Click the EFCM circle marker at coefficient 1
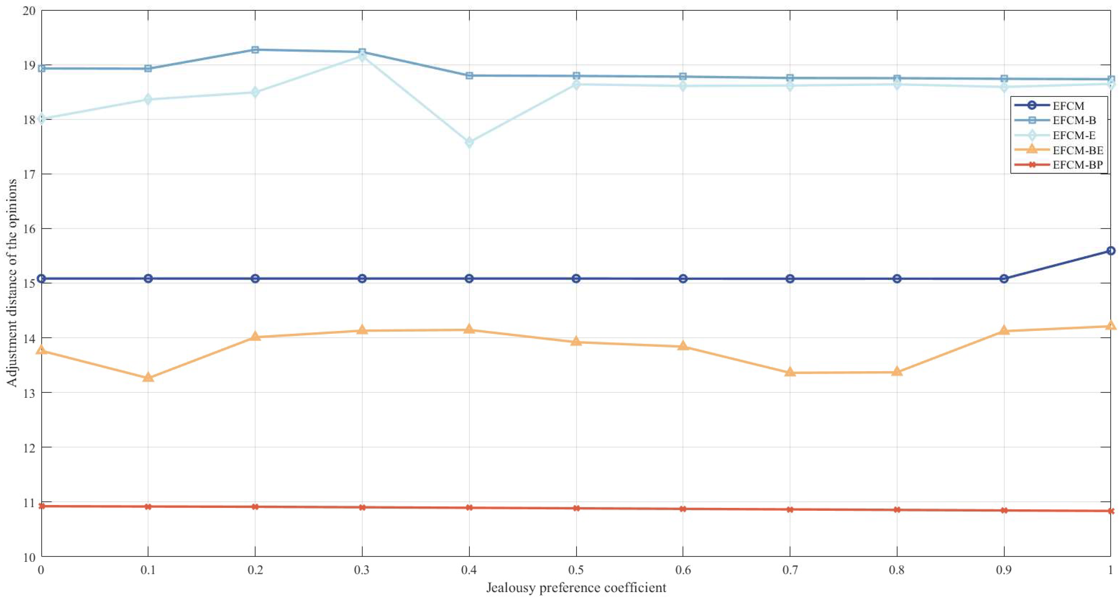pyautogui.click(x=1110, y=251)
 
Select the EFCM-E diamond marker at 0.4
pyautogui.click(x=469, y=143)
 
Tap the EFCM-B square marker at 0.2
pyautogui.click(x=255, y=50)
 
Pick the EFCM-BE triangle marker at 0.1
pyautogui.click(x=148, y=377)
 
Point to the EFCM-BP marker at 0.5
pyautogui.click(x=576, y=508)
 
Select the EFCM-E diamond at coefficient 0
pyautogui.click(x=42, y=118)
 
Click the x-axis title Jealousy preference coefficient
pyautogui.click(x=576, y=587)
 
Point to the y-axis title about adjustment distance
pyautogui.click(x=12, y=283)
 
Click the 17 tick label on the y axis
pyautogui.click(x=29, y=175)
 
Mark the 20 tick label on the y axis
pyautogui.click(x=29, y=10)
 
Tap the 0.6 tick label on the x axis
pyautogui.click(x=683, y=570)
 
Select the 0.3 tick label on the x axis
pyautogui.click(x=362, y=570)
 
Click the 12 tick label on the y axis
pyautogui.click(x=29, y=448)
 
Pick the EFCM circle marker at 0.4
pyautogui.click(x=469, y=279)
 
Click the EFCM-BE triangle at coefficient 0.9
pyautogui.click(x=1004, y=330)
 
